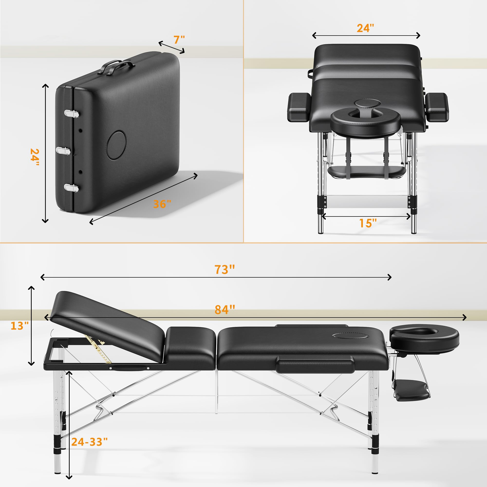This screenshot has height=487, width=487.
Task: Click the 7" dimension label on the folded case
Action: [179, 40]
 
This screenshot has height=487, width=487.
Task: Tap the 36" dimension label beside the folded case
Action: [162, 204]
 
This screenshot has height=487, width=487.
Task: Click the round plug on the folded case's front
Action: [116, 145]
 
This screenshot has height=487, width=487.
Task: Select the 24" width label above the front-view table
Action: [365, 28]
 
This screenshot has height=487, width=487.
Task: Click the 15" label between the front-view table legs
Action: [368, 223]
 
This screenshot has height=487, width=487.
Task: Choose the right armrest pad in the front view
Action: [437, 107]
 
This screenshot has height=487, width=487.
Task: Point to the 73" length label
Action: [225, 270]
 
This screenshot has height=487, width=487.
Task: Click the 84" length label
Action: [225, 309]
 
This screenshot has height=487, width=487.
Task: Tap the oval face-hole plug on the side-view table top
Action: [344, 336]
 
